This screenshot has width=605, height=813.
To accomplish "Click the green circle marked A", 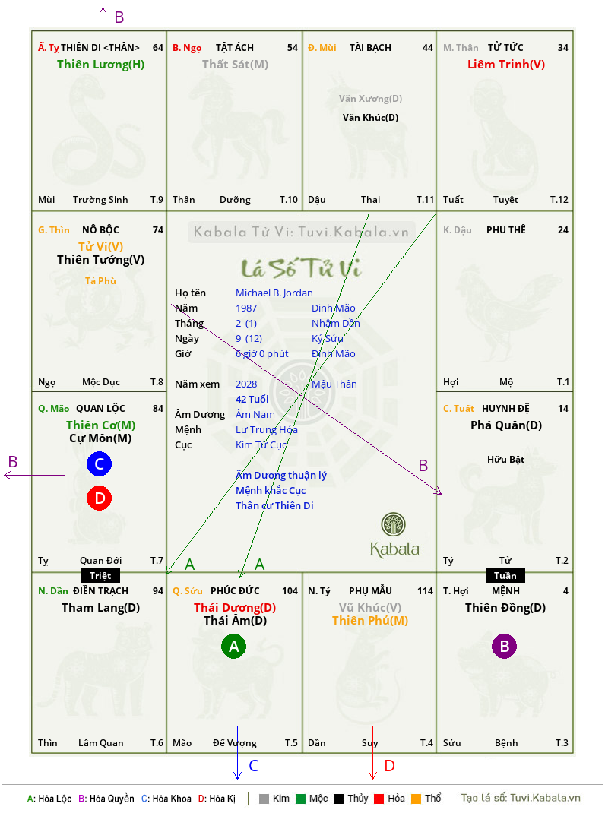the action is pos(233,646).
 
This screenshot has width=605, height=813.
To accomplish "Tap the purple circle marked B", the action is pos(505,646).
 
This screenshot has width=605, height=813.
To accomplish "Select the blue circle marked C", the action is pos(99,463).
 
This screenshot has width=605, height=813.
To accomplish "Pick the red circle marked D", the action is pos(99,498).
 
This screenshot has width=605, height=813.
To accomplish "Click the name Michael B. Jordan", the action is pos(274,293).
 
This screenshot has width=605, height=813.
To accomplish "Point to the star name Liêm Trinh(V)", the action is pos(506,65).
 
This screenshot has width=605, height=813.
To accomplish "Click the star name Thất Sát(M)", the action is pos(235,65).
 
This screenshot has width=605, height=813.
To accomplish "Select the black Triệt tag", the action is pos(100,575).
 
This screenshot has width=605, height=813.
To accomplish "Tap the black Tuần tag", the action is pos(505,575).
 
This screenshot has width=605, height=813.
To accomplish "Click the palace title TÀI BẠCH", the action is pos(370,48).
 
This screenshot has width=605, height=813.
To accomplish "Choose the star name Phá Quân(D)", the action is pos(506,425).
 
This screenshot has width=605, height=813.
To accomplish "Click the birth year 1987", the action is pos(246,308).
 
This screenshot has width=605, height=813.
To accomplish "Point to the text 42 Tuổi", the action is pos(252,399).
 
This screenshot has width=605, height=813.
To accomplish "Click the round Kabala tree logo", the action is pos(393,524).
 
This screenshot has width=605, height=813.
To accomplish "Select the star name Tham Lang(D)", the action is pos(100,608).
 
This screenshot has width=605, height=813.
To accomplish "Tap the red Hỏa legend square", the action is pos(379,799).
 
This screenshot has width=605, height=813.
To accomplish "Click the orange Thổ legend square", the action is pos(416,799).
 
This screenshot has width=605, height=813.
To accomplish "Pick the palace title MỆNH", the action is pos(505,591).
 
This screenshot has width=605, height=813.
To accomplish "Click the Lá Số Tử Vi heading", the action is pos(301,268).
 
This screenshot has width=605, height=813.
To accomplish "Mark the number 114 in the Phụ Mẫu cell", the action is pos(425,591).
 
